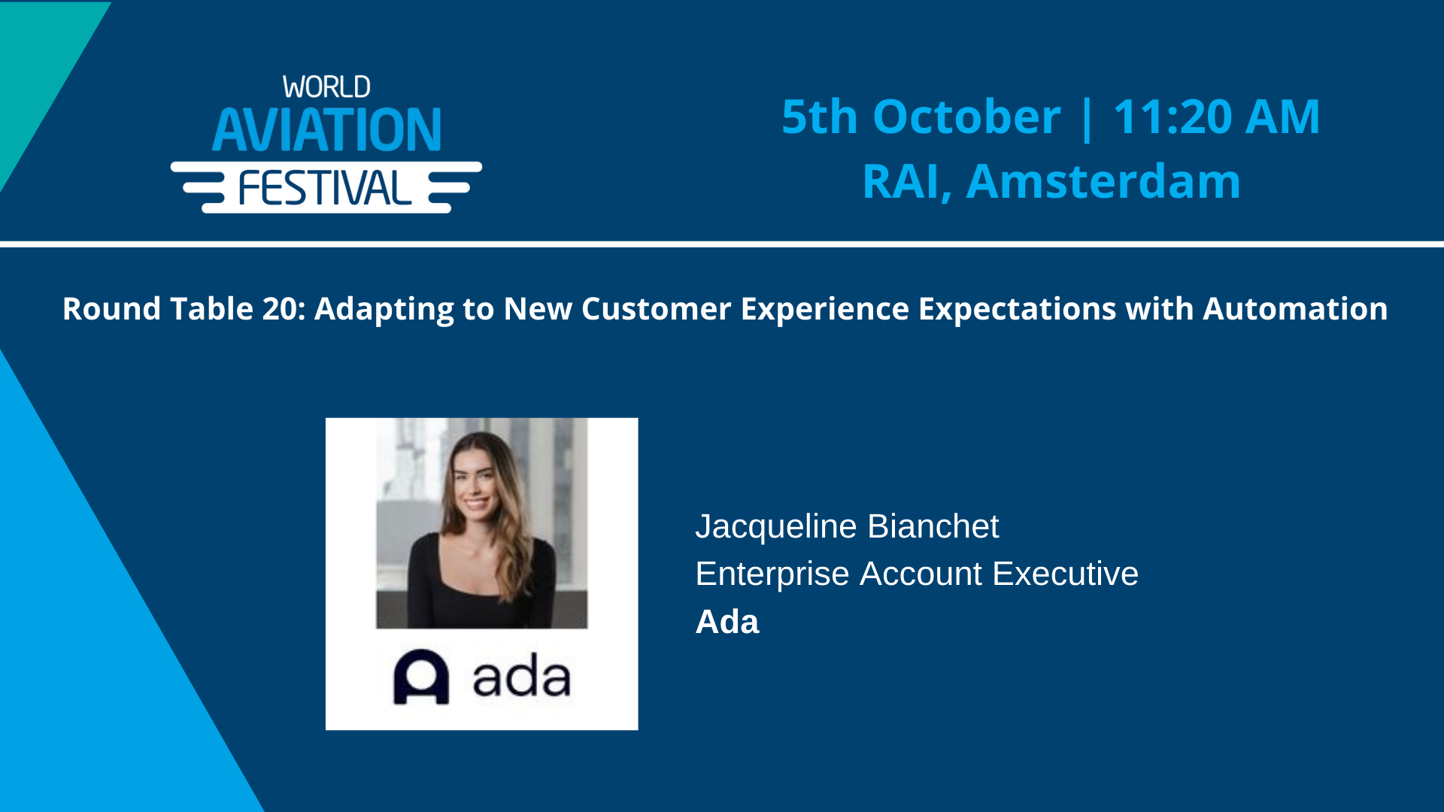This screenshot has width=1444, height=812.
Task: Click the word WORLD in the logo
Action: coord(326,87)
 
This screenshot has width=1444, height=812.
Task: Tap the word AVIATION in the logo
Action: coord(326,130)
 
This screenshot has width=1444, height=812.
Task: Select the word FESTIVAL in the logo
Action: coord(325,188)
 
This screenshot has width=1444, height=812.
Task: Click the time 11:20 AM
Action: coord(1216,117)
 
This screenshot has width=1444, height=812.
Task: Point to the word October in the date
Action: coord(966,117)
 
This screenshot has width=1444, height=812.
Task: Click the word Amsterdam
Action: coord(1103,182)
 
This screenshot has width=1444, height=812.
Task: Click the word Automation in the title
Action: coord(1295,309)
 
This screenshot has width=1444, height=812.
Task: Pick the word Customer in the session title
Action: coord(656,309)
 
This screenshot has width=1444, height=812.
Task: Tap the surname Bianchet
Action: coord(933,526)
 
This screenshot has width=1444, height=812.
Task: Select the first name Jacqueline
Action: coord(776,526)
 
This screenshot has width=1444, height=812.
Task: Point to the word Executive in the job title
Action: coord(1065,574)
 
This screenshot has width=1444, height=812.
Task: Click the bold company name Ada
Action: coord(727,622)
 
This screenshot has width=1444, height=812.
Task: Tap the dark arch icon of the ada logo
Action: coord(421,677)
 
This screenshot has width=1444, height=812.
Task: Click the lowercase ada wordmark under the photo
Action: coord(521,677)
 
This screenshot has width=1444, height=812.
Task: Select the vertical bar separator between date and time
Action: coord(1086,117)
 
